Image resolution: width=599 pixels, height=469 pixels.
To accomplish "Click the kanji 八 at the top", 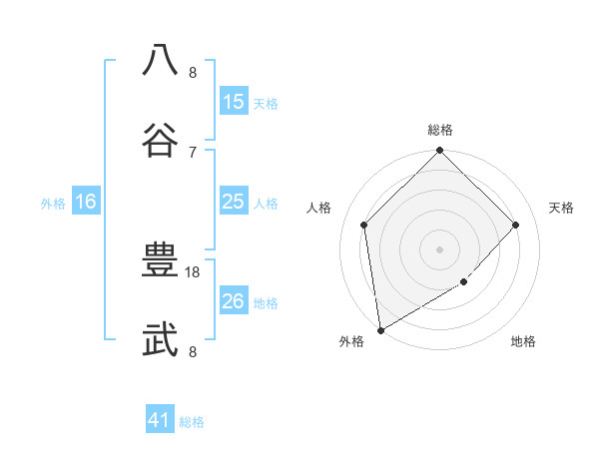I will click(x=161, y=60).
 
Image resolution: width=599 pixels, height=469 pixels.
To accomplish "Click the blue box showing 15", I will click(x=234, y=101).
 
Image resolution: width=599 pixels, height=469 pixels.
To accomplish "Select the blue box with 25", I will click(x=234, y=202).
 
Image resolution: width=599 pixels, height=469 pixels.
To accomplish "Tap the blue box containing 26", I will click(x=234, y=301).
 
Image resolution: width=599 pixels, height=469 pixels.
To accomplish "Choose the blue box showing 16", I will click(x=86, y=202).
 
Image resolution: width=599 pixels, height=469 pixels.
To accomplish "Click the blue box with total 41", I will click(x=160, y=420).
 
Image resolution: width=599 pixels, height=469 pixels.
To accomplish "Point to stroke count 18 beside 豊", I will click(x=193, y=271).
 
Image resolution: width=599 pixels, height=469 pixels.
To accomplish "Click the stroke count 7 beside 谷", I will click(x=193, y=152).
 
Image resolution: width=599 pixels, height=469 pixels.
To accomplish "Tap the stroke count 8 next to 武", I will click(x=193, y=351).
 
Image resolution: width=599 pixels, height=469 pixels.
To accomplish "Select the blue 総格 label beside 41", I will click(x=192, y=422).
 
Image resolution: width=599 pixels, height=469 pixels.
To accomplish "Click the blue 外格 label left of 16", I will click(x=53, y=204).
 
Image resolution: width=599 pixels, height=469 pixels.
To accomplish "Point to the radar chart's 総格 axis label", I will click(x=440, y=130).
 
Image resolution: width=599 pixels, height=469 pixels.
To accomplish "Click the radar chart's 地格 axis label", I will click(x=523, y=342).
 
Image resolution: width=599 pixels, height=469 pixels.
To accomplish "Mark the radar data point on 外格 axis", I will click(x=380, y=330).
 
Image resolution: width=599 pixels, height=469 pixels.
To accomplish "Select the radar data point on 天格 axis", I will click(x=516, y=225).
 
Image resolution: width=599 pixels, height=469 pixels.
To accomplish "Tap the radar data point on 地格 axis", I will click(x=464, y=282).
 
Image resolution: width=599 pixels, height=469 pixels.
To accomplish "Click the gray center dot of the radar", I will click(x=440, y=248).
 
